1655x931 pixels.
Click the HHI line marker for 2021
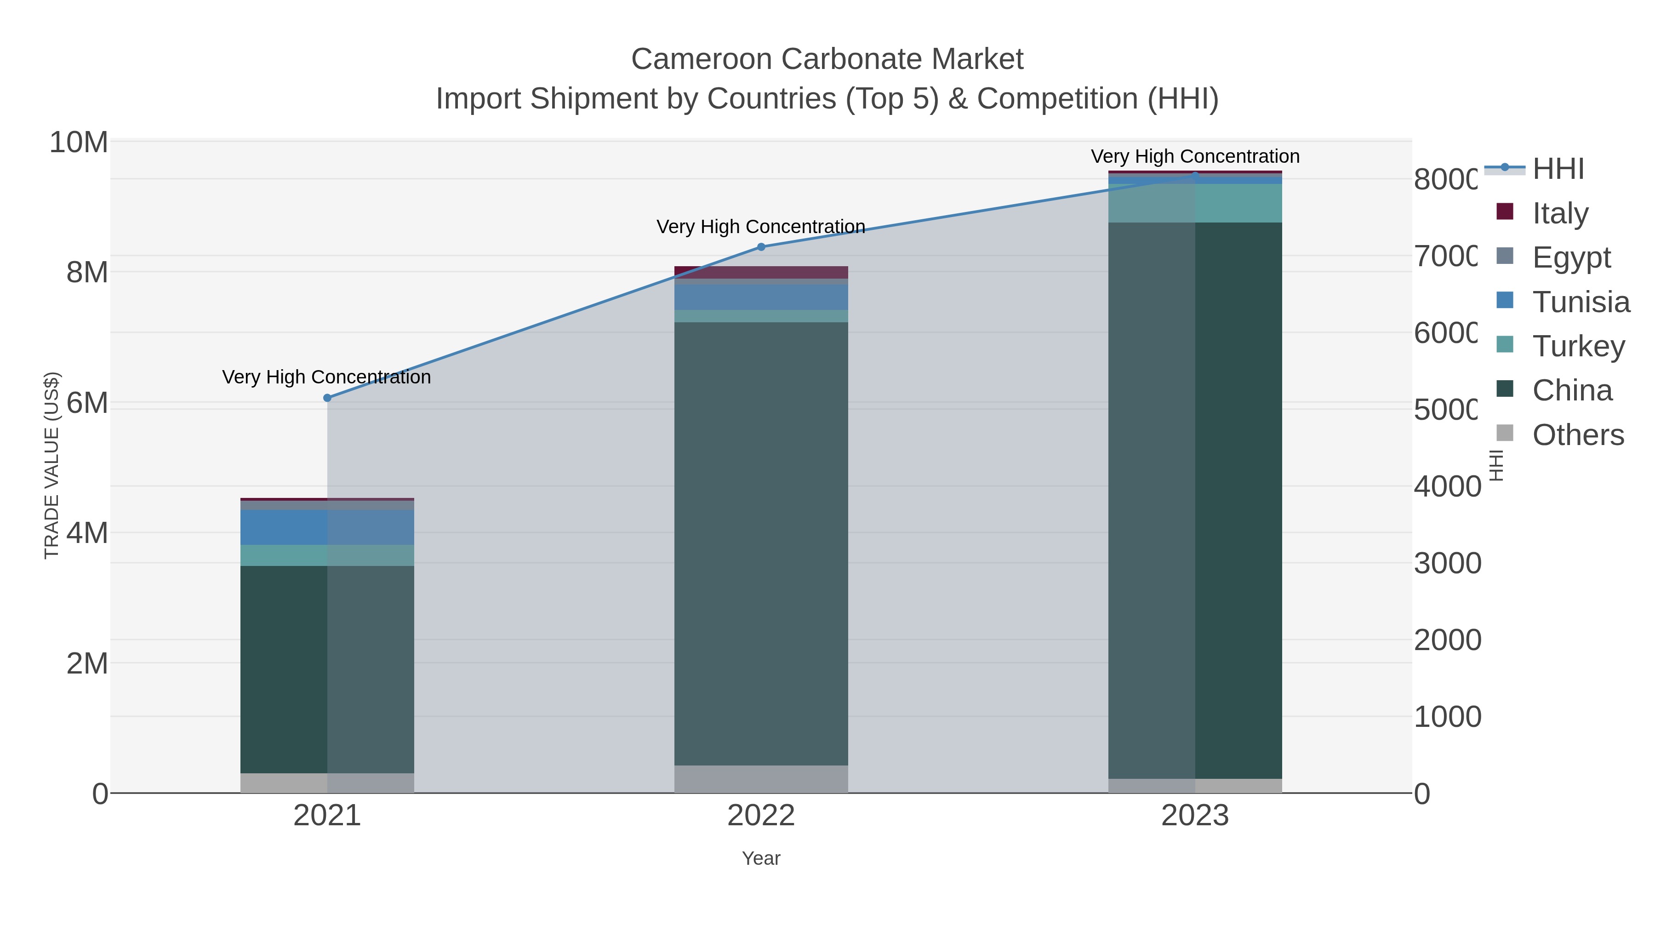(327, 398)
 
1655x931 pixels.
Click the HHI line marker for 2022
(761, 247)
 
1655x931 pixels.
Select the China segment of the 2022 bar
(761, 543)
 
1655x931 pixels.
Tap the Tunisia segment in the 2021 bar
(327, 527)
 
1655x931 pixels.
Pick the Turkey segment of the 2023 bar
(1195, 203)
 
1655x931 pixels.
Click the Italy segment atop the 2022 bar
(761, 272)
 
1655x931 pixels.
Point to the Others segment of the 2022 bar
(761, 779)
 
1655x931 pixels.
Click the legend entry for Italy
(1559, 213)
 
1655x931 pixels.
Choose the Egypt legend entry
(1571, 257)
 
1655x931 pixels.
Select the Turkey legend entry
(1578, 346)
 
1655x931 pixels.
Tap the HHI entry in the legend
(1558, 169)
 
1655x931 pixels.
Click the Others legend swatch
(1505, 434)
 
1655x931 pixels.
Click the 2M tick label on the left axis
(87, 663)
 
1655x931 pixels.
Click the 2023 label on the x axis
(1195, 815)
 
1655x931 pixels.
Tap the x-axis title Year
(761, 858)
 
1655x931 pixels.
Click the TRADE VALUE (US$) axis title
(51, 465)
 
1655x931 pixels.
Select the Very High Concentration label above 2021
(326, 377)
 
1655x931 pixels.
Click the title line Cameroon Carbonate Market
(827, 59)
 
